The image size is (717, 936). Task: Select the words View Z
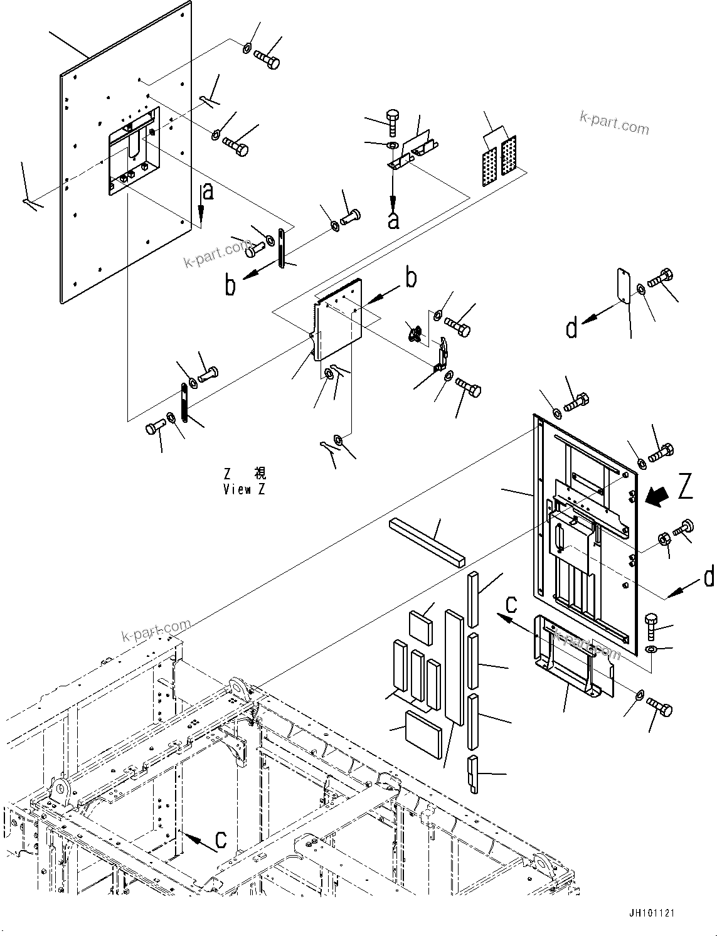(x=244, y=489)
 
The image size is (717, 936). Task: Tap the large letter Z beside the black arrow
(x=685, y=487)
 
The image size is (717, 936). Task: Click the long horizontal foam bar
(x=428, y=542)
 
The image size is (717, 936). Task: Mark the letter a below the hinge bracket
(x=393, y=220)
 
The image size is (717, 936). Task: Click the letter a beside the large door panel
(x=208, y=192)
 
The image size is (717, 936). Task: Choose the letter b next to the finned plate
(x=411, y=278)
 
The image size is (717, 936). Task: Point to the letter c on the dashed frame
(x=221, y=839)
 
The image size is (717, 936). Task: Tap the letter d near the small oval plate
(x=571, y=328)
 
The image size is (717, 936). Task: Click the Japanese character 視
(x=259, y=474)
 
